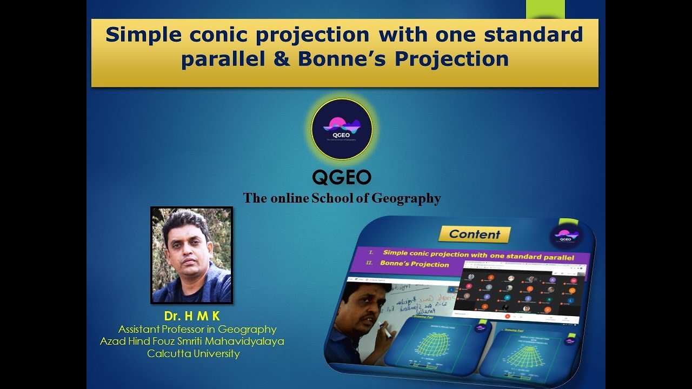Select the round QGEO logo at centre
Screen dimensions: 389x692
(x=342, y=129)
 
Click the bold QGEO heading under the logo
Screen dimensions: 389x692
(x=342, y=177)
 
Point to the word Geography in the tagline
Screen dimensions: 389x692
(x=406, y=198)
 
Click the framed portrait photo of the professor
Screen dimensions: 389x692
(x=191, y=255)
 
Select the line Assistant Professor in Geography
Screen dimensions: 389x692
(x=197, y=329)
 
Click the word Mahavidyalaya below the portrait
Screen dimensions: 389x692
(x=245, y=341)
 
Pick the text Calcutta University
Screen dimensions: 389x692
(x=193, y=354)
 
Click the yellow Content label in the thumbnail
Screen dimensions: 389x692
(x=474, y=234)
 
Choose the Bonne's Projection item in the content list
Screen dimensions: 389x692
(x=415, y=264)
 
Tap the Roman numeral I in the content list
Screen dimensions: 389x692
(x=371, y=252)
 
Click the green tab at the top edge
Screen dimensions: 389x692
(x=545, y=9)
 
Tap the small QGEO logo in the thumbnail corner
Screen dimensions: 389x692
(x=565, y=236)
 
